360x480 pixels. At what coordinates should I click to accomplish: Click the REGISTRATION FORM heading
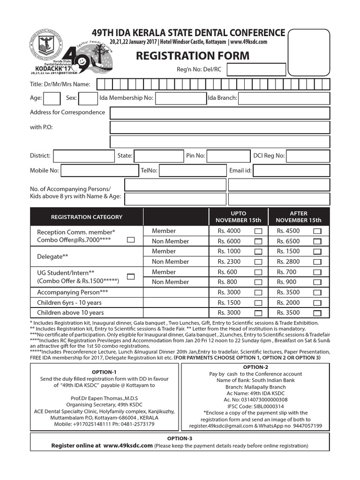coord(193,56)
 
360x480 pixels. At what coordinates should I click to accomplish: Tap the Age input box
coord(52,98)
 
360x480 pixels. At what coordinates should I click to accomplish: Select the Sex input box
coord(88,98)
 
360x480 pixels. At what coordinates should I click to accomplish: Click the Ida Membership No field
coord(180,98)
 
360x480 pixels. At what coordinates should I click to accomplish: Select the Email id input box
coord(291,171)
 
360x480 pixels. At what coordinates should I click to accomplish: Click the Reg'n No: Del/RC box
coord(256,70)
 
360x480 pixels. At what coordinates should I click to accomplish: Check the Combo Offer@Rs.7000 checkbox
coord(131,240)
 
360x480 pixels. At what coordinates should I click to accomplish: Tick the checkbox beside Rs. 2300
coord(258,262)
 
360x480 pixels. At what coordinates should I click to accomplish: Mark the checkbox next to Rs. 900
coord(317,282)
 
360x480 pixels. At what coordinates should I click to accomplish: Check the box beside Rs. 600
coord(258,272)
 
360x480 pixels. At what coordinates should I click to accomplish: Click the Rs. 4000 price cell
coord(229,231)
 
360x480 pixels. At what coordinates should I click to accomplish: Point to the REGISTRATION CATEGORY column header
coord(86,217)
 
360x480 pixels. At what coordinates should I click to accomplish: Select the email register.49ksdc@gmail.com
coord(220,426)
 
